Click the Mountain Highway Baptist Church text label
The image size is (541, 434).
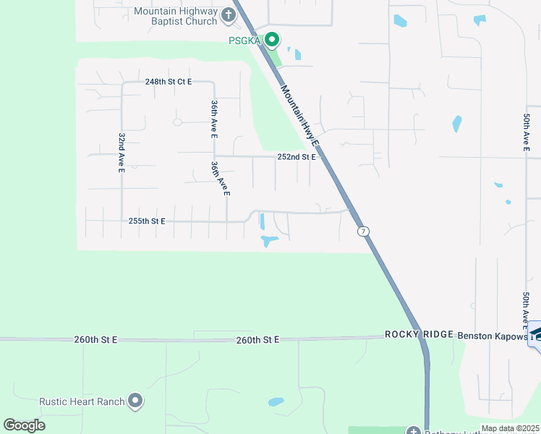(x=175, y=17)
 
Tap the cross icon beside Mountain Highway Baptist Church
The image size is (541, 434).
(x=229, y=14)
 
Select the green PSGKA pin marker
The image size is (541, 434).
(x=272, y=39)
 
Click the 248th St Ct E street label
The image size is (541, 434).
(x=169, y=82)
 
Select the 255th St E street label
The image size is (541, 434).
(x=147, y=221)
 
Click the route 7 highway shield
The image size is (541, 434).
(x=364, y=231)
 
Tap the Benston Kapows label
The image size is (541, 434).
(x=491, y=335)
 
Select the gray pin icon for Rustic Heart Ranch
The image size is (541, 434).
(x=135, y=401)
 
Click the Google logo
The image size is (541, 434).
(x=25, y=425)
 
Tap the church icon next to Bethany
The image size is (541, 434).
(x=414, y=431)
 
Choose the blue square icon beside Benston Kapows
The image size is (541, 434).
(x=535, y=333)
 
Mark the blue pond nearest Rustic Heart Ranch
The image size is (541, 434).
(x=276, y=401)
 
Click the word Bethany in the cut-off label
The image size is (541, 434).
(x=441, y=432)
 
